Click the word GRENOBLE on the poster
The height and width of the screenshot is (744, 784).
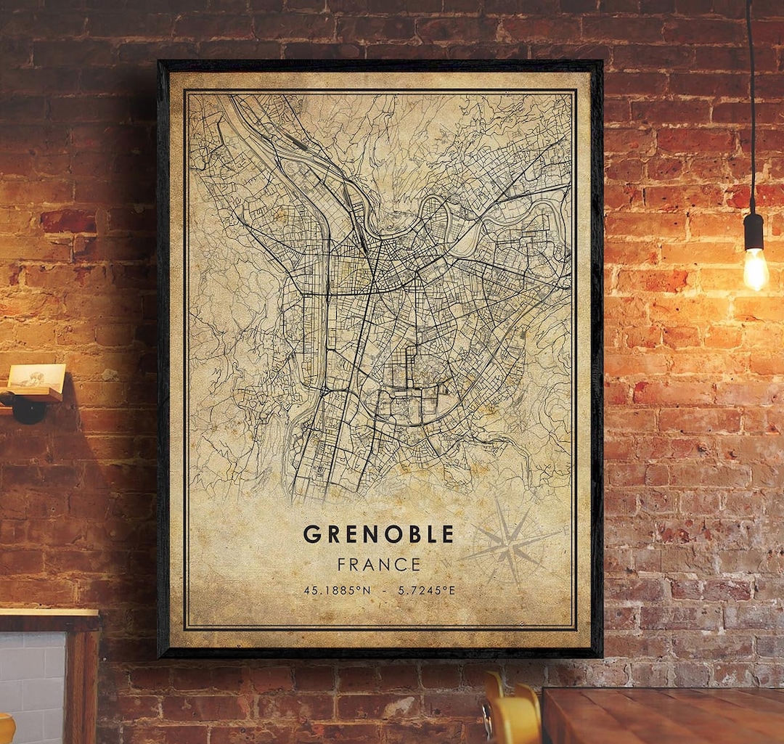tap(378, 534)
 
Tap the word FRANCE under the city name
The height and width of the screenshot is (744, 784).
tap(378, 564)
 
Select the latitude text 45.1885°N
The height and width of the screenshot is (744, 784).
tap(337, 590)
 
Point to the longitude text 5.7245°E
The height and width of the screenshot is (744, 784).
tap(426, 590)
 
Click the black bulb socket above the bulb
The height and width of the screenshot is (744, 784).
tap(754, 231)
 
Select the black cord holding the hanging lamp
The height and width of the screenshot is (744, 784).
tap(751, 109)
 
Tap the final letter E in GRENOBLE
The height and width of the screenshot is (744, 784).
tap(447, 534)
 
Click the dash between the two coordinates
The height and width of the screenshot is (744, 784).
tap(384, 590)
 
